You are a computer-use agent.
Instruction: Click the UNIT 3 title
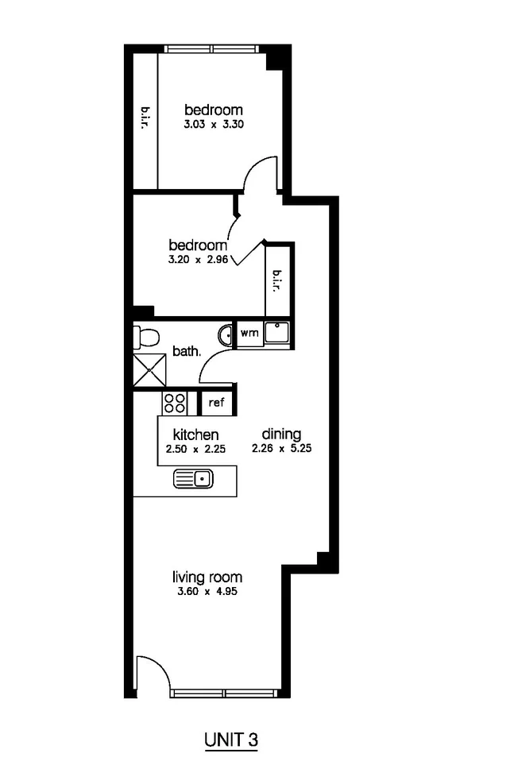[231, 740]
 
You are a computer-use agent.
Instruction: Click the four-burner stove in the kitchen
[175, 403]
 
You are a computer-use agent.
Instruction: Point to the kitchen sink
[193, 478]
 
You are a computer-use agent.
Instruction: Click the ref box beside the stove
[216, 403]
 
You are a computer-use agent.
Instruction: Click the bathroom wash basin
[226, 334]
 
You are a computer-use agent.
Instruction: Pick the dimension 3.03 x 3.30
[213, 125]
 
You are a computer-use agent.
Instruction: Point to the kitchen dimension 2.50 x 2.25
[195, 449]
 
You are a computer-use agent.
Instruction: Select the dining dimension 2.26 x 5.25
[282, 449]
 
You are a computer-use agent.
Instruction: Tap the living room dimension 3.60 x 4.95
[208, 592]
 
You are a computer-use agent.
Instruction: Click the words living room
[208, 577]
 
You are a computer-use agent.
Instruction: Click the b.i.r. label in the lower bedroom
[278, 280]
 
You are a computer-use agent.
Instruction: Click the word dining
[282, 434]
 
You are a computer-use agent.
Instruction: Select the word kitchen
[195, 434]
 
